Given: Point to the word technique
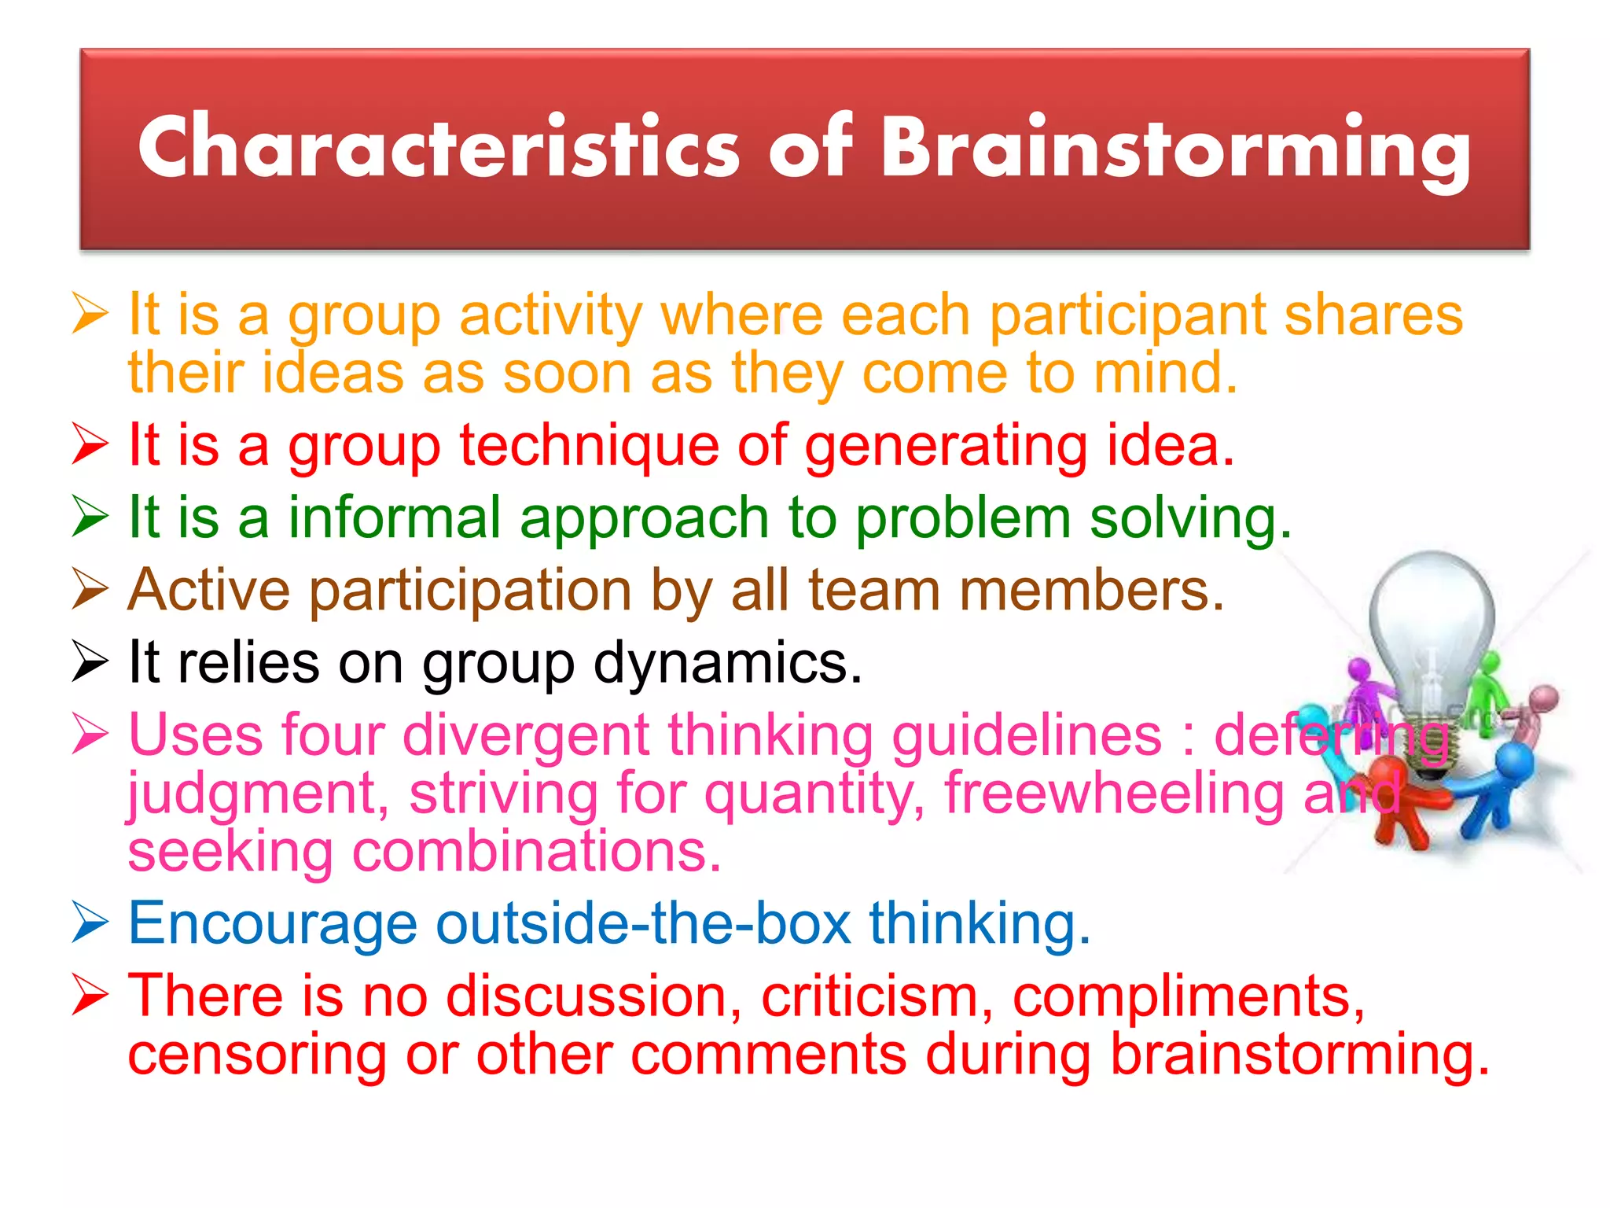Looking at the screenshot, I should click(x=589, y=447).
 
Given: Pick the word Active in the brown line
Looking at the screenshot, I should click(x=209, y=590).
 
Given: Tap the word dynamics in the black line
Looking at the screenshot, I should click(x=727, y=662).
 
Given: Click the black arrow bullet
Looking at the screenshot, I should click(x=90, y=661).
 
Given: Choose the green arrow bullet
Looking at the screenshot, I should click(x=90, y=517).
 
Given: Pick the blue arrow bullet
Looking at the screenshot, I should click(x=90, y=923).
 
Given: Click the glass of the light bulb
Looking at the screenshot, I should click(x=1431, y=613).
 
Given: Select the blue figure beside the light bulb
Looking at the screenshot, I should click(x=1502, y=786).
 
